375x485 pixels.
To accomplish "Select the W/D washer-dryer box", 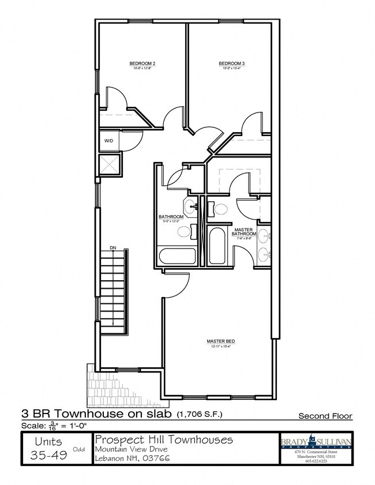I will click(109, 141).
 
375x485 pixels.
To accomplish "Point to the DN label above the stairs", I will click(113, 247).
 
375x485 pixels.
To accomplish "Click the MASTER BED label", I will click(219, 341).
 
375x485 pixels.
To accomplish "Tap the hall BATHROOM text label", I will click(171, 217).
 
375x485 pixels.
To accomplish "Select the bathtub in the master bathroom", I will click(218, 246).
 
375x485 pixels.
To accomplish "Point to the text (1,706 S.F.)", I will click(200, 414).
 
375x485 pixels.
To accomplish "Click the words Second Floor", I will click(325, 416).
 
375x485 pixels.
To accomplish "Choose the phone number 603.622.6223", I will click(316, 461).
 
